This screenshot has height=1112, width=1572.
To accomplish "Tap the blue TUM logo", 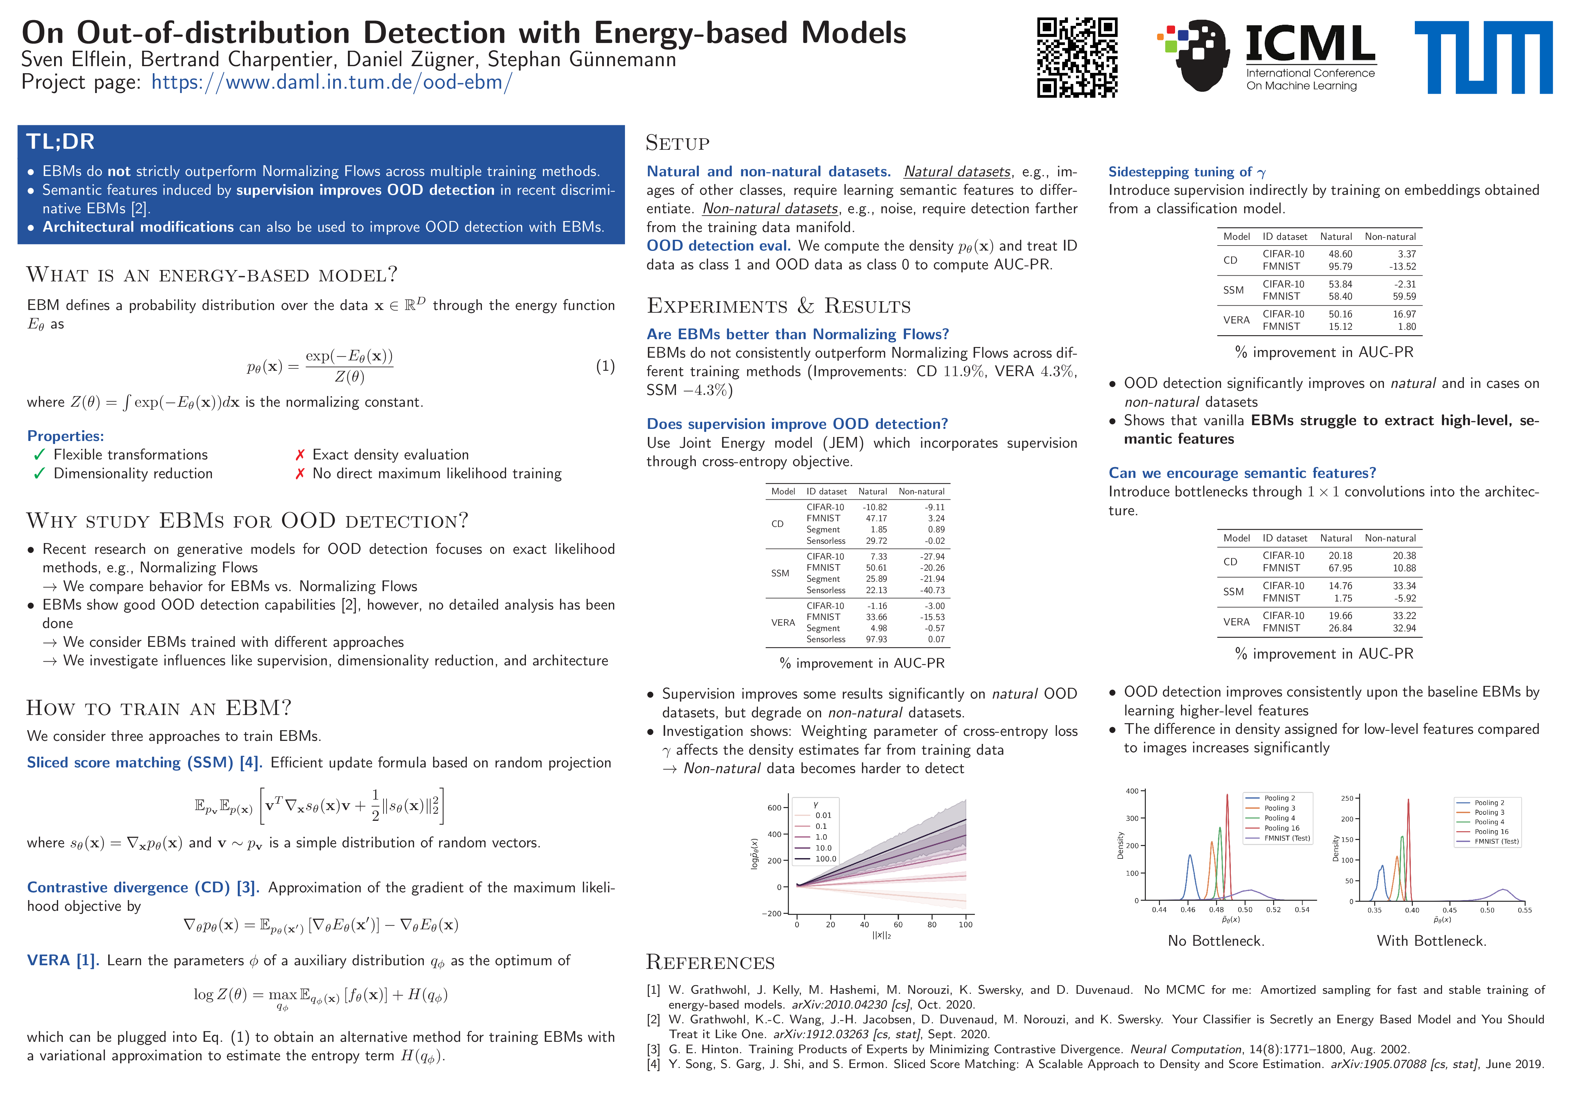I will click(x=1483, y=57).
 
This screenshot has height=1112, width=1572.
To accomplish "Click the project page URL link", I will click(x=331, y=82).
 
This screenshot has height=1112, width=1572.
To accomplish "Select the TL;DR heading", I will click(x=60, y=142).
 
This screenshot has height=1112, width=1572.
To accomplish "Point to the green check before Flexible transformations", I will click(x=39, y=455).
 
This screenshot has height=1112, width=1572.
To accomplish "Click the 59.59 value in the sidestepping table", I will click(x=1403, y=297).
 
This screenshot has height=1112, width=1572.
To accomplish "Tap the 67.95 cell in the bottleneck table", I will click(x=1340, y=568).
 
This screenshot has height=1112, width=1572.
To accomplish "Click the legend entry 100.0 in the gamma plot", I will click(x=825, y=859).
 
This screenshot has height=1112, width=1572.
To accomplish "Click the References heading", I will click(x=710, y=963).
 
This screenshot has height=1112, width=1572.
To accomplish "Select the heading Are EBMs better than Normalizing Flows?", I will click(x=798, y=334).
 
